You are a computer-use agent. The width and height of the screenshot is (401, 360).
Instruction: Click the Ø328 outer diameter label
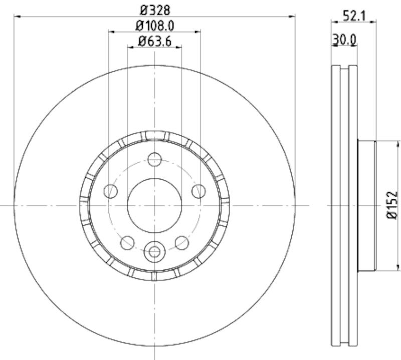click(x=154, y=9)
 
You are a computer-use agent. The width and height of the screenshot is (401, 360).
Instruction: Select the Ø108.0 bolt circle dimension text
click(x=154, y=25)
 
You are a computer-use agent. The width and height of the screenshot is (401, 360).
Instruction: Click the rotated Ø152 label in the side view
click(x=392, y=205)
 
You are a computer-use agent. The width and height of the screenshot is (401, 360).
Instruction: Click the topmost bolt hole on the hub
click(x=155, y=160)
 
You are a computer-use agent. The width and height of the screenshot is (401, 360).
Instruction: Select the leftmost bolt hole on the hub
click(x=110, y=191)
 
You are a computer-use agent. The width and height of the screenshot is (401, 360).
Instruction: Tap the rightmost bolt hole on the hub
click(x=199, y=191)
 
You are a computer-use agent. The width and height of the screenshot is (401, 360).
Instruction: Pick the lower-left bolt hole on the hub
click(x=127, y=243)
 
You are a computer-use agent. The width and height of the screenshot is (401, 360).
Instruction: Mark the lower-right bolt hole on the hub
click(x=182, y=243)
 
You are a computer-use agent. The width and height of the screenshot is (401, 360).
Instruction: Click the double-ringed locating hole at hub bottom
click(x=154, y=252)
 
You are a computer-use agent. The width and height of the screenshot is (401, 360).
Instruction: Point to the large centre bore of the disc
click(x=154, y=205)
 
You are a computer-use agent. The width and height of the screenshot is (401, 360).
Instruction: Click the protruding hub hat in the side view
click(x=366, y=205)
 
